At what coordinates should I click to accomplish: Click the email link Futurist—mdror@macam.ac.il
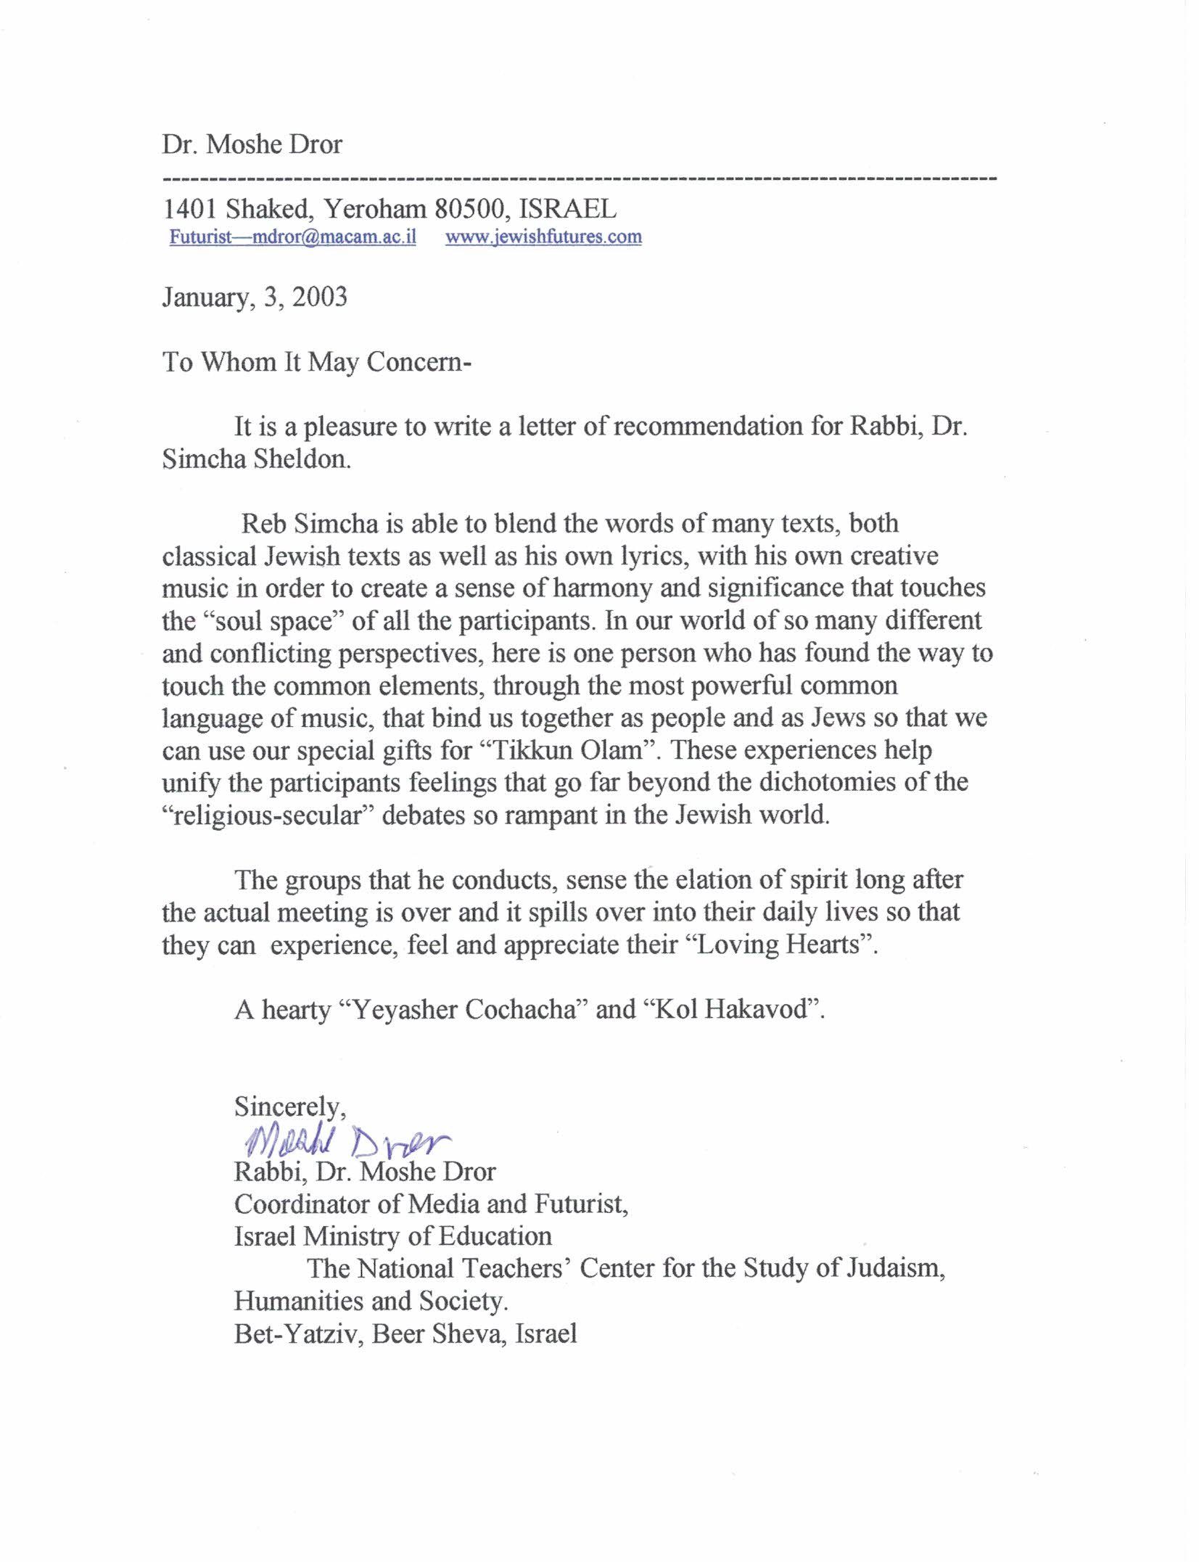(x=292, y=237)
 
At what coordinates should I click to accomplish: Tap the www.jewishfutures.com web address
(x=543, y=237)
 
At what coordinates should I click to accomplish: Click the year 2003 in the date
(x=319, y=297)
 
